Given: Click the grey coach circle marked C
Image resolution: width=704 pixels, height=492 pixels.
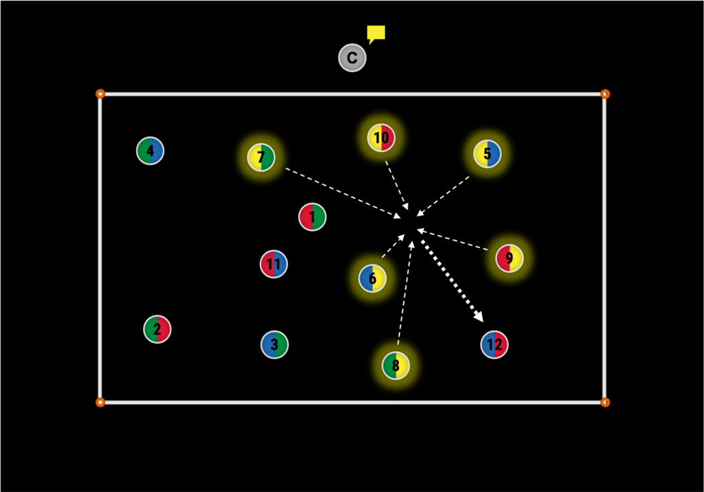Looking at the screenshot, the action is tap(352, 58).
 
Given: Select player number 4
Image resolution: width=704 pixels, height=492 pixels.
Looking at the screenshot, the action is tap(150, 150).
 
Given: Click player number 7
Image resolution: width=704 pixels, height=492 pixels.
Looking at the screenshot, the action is tap(261, 157).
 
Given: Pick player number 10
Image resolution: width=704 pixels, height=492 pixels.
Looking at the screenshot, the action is tap(381, 137).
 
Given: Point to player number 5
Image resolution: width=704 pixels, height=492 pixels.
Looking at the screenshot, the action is tap(487, 153).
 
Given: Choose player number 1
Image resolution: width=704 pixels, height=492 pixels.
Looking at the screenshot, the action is tap(312, 217).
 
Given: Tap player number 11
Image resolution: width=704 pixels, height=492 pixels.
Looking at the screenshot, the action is tap(274, 264).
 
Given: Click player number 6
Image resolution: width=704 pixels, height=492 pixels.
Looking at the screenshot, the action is tap(372, 278).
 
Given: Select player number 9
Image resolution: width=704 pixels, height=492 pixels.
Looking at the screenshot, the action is tap(509, 258).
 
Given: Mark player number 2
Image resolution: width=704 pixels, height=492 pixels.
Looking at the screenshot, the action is tap(157, 329).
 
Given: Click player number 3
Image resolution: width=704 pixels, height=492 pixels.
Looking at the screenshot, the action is tap(274, 345).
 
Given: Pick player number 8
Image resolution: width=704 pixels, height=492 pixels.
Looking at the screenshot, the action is tap(395, 366).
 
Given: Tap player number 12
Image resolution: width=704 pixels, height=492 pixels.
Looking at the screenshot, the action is tap(494, 345).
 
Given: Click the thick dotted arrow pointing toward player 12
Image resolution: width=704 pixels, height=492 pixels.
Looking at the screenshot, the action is tap(452, 281).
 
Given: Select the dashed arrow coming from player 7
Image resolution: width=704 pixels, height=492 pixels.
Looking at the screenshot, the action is tap(344, 194).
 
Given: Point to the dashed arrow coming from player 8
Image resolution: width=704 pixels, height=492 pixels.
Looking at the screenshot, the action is tap(405, 293).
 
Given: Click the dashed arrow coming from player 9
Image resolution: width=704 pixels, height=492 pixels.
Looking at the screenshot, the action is tap(452, 239).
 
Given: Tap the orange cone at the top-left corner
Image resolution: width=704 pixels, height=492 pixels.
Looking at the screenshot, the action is tap(100, 93).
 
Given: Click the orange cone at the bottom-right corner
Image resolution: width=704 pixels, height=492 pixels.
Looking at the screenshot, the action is tap(605, 402).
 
